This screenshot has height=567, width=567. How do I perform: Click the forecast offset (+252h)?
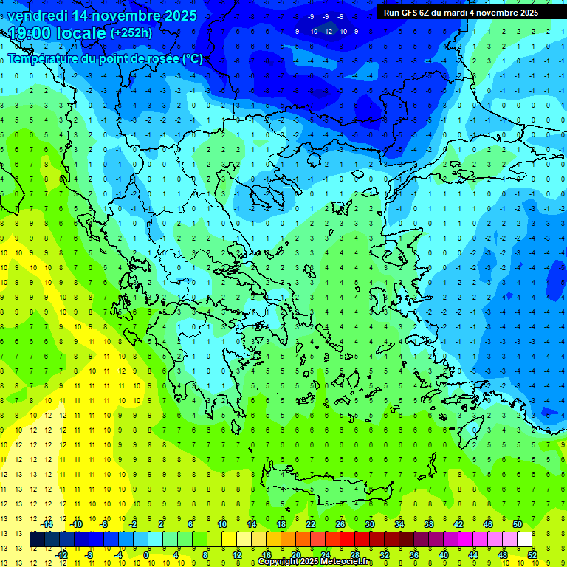131,33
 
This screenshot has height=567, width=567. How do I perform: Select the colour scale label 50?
518,524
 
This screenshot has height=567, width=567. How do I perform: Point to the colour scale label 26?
340,524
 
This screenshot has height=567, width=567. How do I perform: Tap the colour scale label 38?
429,524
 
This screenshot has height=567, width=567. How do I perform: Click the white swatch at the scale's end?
524,540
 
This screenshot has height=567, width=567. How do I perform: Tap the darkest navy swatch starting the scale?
37,540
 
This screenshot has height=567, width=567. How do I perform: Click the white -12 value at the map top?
327,31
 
